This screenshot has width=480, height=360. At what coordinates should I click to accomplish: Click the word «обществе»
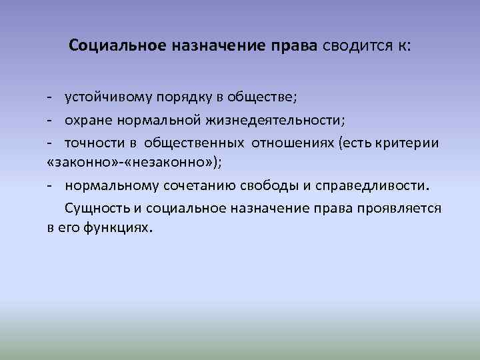(x=261, y=97)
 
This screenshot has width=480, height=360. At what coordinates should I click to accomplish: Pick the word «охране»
(x=88, y=120)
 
